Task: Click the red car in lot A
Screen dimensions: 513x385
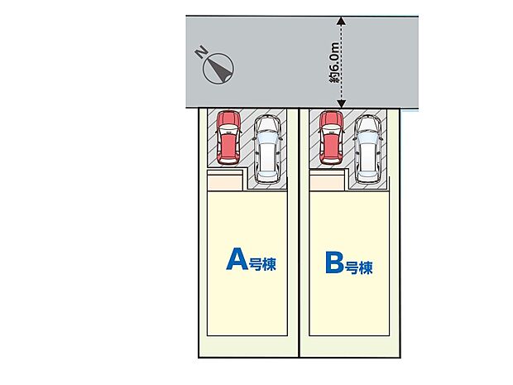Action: coord(228,137)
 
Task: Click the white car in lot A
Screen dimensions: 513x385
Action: coord(268,149)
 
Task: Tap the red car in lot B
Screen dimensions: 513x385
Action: coord(332,137)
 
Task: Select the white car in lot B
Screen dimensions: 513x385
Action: coord(368,149)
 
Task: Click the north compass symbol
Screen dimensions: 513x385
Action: coord(218,69)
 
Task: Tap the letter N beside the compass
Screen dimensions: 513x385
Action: coord(200,51)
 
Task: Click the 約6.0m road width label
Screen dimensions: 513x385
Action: coord(335,62)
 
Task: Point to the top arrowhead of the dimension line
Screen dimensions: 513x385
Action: coord(341,21)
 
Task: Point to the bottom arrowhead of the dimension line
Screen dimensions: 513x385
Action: coord(341,103)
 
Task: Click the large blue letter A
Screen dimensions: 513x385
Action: coord(237,258)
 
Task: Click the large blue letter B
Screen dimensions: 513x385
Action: coord(334,262)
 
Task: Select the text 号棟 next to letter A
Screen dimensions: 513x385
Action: coord(263,264)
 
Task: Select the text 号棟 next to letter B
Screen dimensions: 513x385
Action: coord(359,267)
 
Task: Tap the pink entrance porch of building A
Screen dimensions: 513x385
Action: coord(225,183)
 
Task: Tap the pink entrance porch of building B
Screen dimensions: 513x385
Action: coord(327,183)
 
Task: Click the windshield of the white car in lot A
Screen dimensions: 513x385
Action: coord(267,138)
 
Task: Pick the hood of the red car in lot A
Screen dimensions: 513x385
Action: coord(228,119)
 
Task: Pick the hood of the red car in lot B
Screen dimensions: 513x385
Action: coord(332,119)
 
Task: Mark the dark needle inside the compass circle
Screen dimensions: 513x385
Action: coord(218,68)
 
